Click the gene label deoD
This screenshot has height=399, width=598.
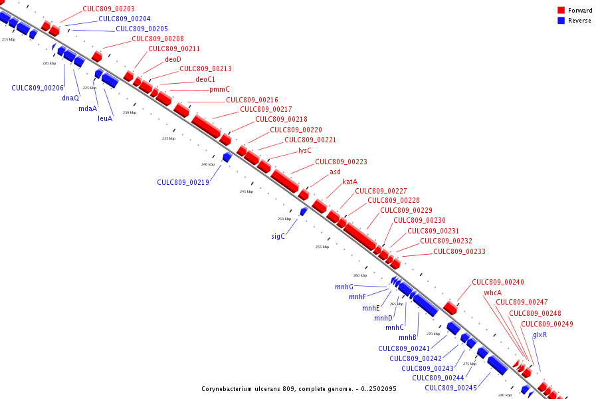[173, 59]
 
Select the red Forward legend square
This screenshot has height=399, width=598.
[561, 10]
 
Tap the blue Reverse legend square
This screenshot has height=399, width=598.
[561, 20]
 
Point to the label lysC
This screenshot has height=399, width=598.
[305, 150]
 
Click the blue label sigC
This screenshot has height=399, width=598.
[278, 236]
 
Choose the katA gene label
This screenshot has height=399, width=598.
[349, 182]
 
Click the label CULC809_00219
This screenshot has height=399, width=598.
[183, 182]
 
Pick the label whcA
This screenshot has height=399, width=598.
[492, 293]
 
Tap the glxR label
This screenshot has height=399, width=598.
[540, 334]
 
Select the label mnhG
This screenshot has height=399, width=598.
[344, 287]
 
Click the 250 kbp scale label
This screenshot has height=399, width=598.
[284, 219]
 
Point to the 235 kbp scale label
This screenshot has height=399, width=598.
[169, 138]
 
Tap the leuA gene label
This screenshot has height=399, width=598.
[105, 118]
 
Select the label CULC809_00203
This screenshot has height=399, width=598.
[108, 9]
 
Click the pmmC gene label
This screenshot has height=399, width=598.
[219, 89]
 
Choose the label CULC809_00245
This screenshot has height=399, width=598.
[450, 388]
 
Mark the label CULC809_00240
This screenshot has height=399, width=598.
[498, 282]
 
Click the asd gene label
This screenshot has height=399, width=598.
[335, 172]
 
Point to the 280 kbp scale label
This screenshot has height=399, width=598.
[505, 395]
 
